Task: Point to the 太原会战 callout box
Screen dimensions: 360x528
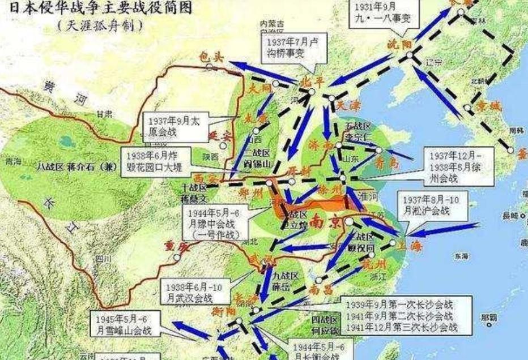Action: [x=176, y=126]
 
